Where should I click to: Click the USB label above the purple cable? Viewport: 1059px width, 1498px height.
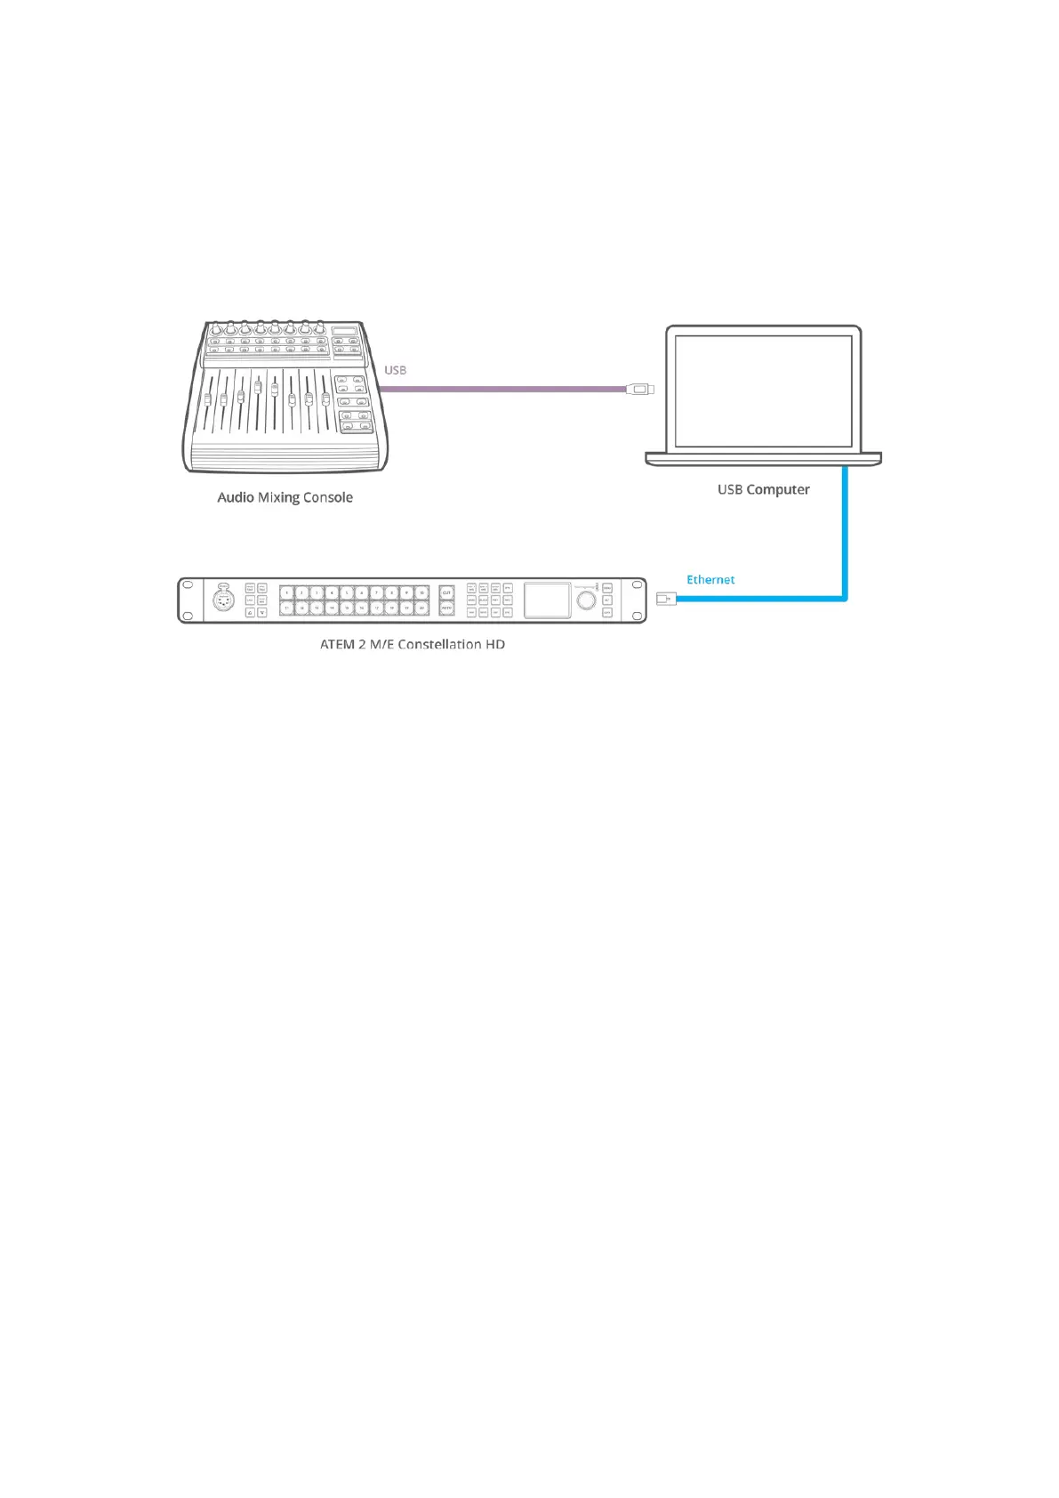pyautogui.click(x=395, y=370)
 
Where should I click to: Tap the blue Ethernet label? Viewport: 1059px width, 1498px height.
pyautogui.click(x=710, y=579)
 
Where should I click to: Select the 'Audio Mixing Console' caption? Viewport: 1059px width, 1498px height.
pyautogui.click(x=285, y=497)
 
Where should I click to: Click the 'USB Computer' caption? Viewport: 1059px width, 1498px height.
pyautogui.click(x=763, y=489)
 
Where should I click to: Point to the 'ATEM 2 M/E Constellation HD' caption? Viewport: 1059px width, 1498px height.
pyautogui.click(x=413, y=644)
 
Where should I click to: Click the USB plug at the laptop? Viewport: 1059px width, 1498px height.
pyautogui.click(x=639, y=389)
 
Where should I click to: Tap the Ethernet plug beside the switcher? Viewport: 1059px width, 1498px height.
pyautogui.click(x=665, y=600)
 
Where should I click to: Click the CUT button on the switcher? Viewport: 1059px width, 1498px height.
pyautogui.click(x=446, y=592)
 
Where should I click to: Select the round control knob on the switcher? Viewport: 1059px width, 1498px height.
pyautogui.click(x=586, y=600)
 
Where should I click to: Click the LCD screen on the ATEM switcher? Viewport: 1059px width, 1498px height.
pyautogui.click(x=547, y=600)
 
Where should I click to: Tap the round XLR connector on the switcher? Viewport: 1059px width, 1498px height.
pyautogui.click(x=222, y=600)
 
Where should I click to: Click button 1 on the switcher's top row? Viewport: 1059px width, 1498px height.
pyautogui.click(x=287, y=592)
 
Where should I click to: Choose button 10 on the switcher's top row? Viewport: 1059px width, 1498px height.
pyautogui.click(x=421, y=592)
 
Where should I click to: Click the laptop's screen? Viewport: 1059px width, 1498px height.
pyautogui.click(x=763, y=391)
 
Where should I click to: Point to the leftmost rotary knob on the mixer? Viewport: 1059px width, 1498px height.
pyautogui.click(x=214, y=327)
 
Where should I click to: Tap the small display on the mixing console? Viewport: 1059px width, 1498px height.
pyautogui.click(x=344, y=331)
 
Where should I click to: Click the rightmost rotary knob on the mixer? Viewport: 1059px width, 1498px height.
pyautogui.click(x=319, y=327)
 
